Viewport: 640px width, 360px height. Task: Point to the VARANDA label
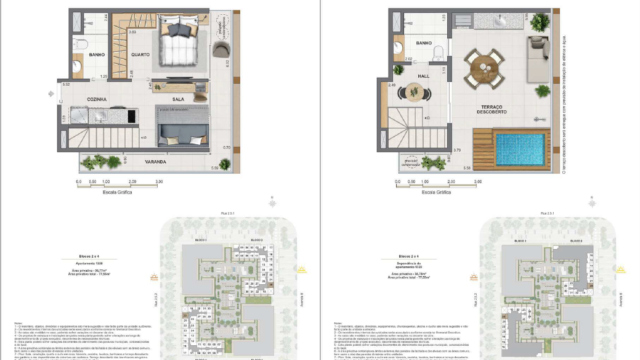click(153, 160)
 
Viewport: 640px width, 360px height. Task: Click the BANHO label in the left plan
click(98, 54)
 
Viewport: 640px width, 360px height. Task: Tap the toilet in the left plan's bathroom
click(79, 67)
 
